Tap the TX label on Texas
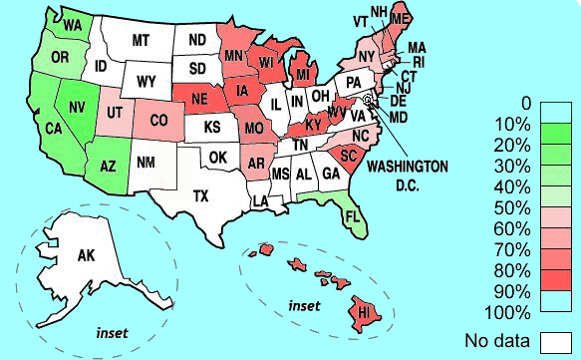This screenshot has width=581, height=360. tap(201, 193)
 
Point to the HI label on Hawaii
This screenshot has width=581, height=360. tap(364, 312)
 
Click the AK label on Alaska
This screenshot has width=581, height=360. tap(86, 256)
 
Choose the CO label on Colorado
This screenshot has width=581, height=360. tap(159, 121)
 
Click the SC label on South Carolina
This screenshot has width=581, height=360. tap(349, 156)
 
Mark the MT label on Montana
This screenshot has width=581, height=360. tap(141, 40)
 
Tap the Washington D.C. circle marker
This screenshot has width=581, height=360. tap(368, 100)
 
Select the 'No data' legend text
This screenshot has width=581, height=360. tap(497, 342)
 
